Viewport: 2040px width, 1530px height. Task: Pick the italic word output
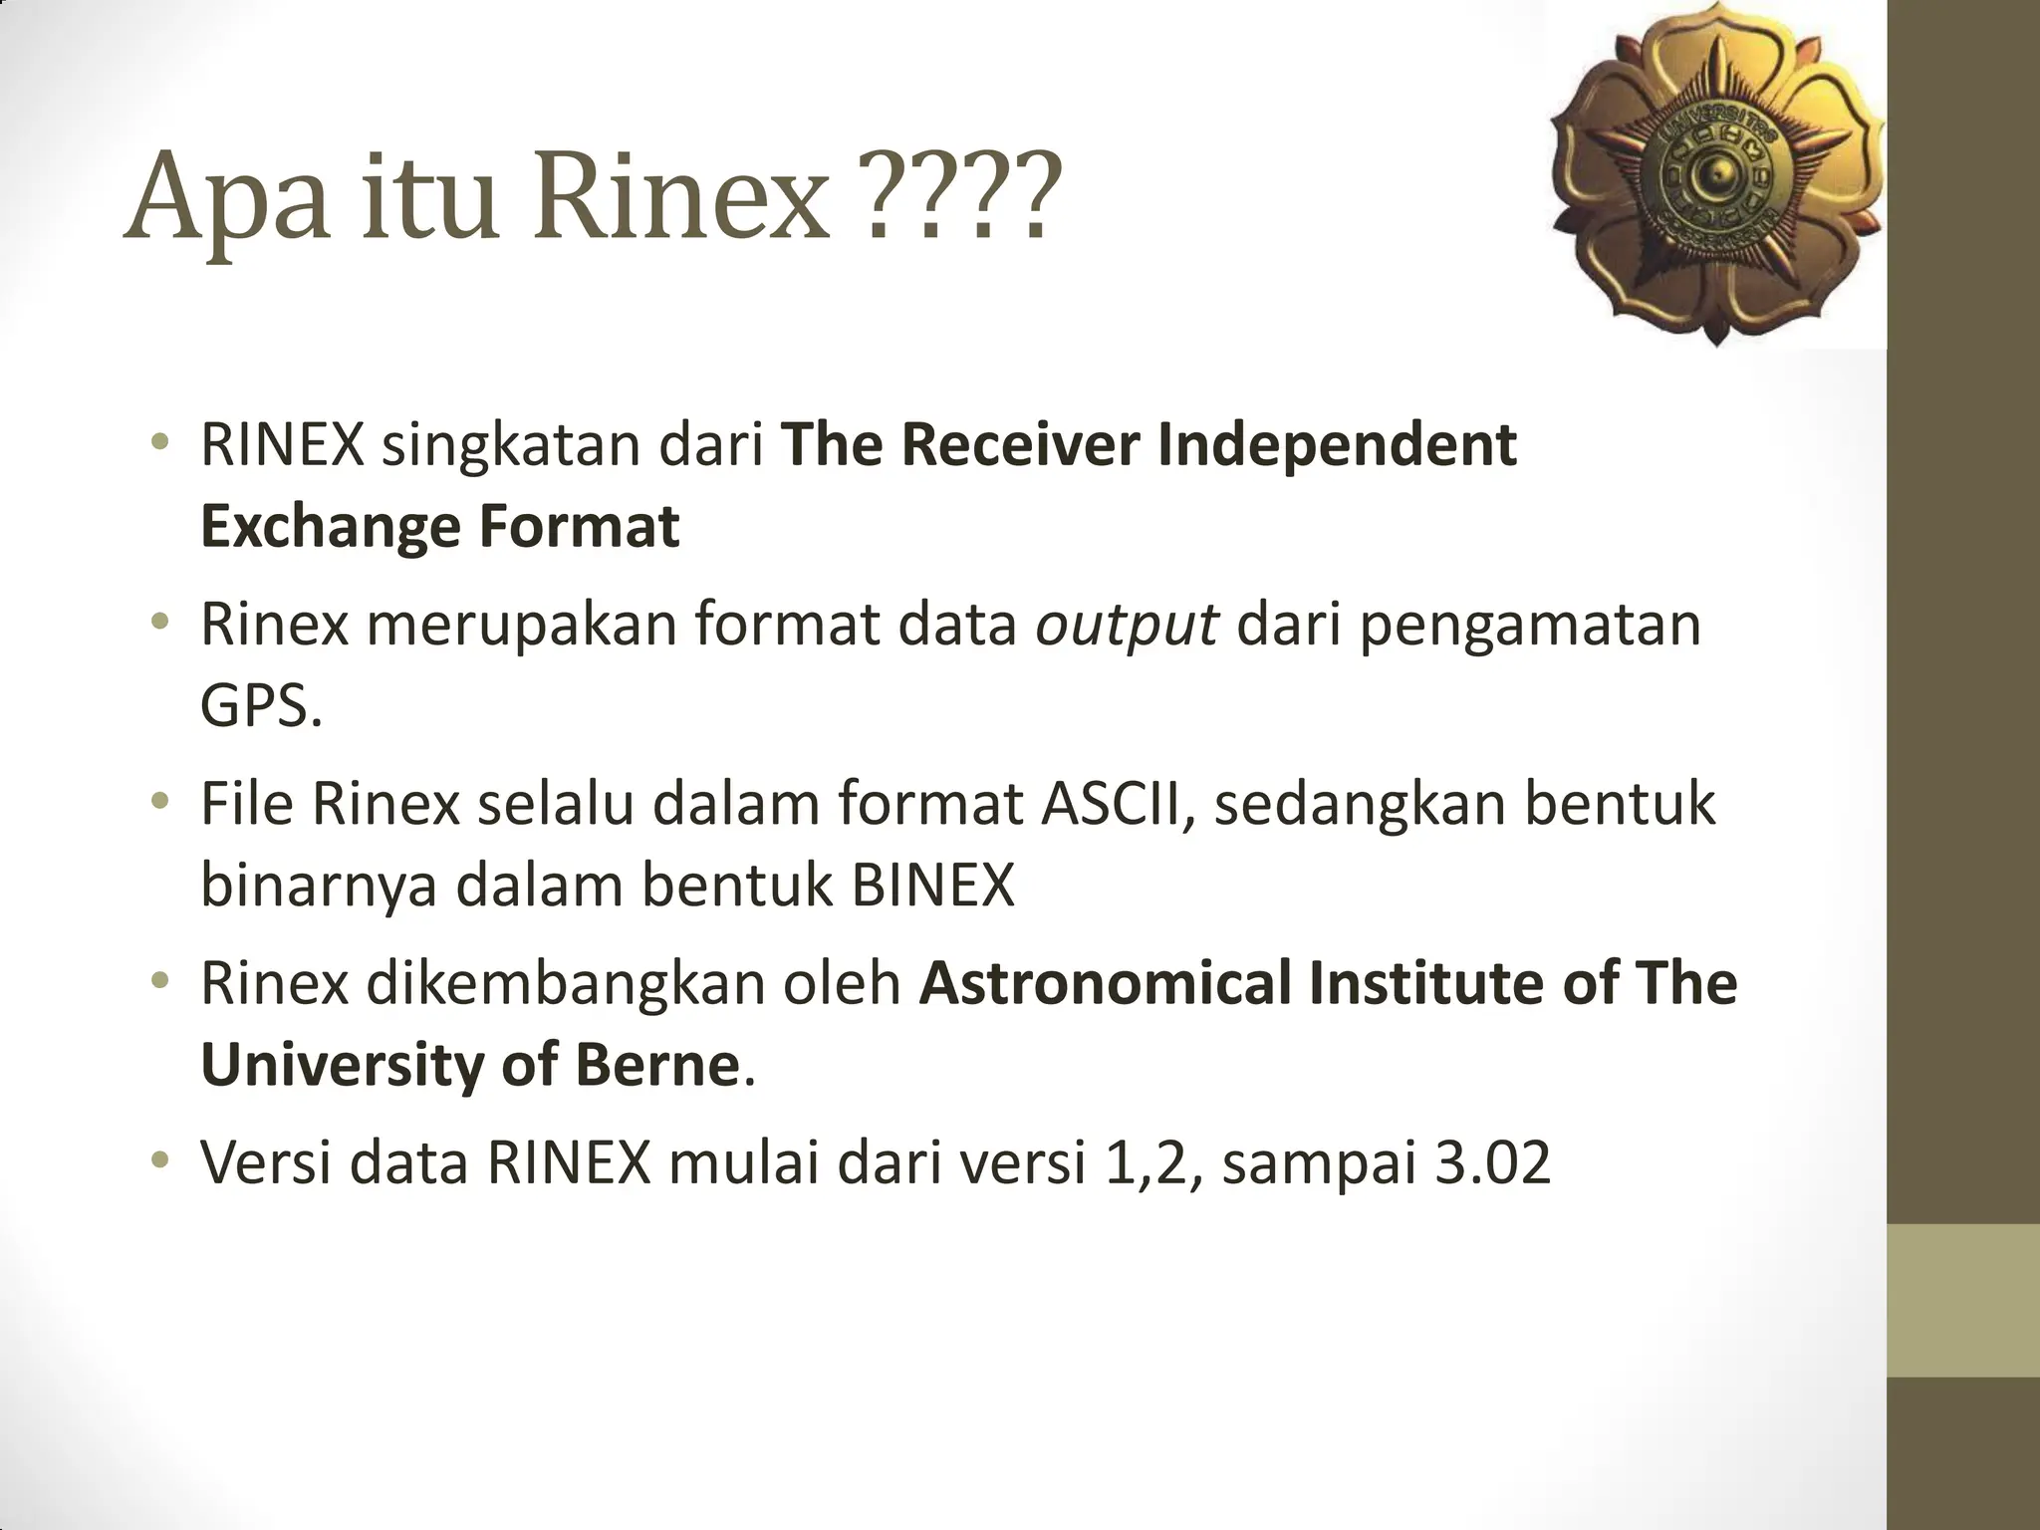(1126, 626)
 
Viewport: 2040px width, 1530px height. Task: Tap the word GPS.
(261, 707)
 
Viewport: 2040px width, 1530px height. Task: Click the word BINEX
(932, 885)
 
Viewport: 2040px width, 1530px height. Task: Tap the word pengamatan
(1530, 626)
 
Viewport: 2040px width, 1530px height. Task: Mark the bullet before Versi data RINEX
(159, 1159)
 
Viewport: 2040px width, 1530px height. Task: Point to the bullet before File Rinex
(159, 801)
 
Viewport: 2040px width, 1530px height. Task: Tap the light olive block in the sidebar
(1963, 1300)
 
